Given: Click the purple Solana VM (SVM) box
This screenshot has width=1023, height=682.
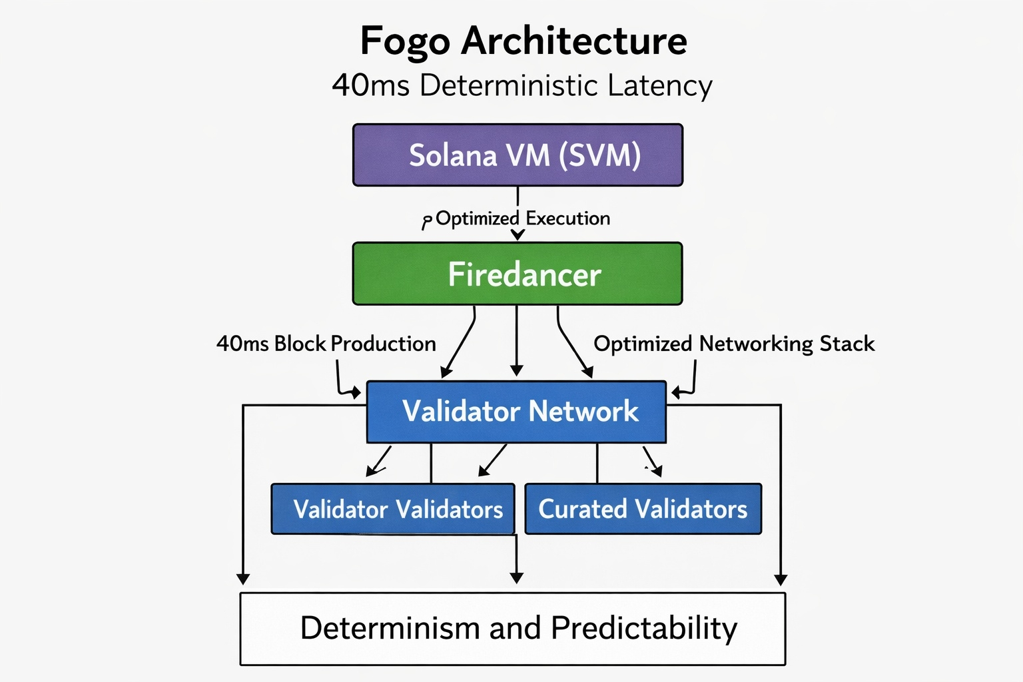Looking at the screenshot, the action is [x=518, y=155].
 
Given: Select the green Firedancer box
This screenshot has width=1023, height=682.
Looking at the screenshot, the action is [x=517, y=274].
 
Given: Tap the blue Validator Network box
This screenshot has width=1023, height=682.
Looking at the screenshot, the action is [x=517, y=412].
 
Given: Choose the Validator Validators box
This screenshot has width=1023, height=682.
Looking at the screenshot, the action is [x=393, y=509].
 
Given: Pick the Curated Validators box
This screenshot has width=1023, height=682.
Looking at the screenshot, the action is [x=643, y=509].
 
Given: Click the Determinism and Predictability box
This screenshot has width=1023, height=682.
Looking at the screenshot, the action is [x=513, y=629].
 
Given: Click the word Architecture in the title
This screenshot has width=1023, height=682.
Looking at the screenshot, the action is [x=574, y=41].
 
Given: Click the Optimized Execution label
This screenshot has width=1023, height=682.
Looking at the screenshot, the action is [x=523, y=218].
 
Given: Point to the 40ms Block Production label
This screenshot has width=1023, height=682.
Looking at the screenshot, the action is [x=326, y=344].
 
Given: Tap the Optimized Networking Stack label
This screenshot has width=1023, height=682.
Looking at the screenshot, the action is [x=734, y=344].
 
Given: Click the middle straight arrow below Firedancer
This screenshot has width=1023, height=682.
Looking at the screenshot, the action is [x=517, y=341].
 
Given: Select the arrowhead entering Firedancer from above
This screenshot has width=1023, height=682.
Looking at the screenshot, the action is [x=517, y=234].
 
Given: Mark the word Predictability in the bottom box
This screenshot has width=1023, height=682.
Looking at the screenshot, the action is [x=644, y=629].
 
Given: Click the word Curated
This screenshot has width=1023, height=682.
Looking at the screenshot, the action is [x=582, y=509].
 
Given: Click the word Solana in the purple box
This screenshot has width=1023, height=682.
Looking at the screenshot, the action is [x=453, y=155].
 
